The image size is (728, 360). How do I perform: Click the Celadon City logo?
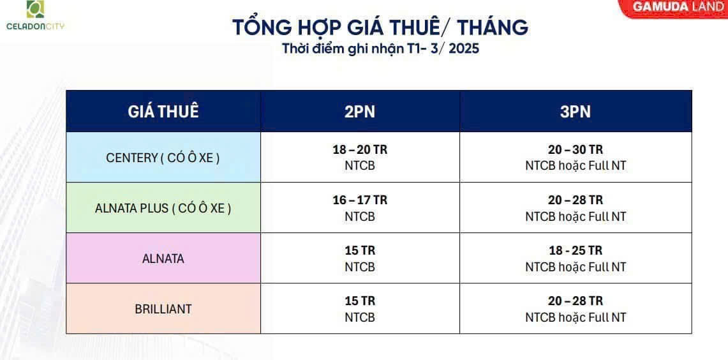[x=35, y=16]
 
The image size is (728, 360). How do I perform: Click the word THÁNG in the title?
[x=493, y=27]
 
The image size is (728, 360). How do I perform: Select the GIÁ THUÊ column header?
[x=163, y=112]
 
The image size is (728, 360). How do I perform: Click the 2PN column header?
[x=360, y=112]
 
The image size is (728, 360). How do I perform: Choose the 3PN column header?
[x=576, y=112]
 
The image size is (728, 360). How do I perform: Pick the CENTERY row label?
[x=163, y=158]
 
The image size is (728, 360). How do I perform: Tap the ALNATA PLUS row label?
[x=163, y=208]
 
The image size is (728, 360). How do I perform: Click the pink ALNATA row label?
[x=163, y=259]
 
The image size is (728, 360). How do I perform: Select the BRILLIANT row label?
[x=163, y=309]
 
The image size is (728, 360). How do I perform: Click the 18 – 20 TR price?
[x=360, y=150]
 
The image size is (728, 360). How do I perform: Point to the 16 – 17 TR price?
[x=360, y=200]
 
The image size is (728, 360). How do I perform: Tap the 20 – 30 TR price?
[x=576, y=150]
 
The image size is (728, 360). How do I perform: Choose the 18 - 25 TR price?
[x=576, y=251]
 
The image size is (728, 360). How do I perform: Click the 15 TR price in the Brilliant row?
[x=360, y=301]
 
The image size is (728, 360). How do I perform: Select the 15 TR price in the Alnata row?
[x=360, y=251]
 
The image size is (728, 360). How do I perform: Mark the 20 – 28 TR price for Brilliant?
[x=576, y=301]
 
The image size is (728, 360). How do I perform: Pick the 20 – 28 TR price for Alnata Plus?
[x=576, y=200]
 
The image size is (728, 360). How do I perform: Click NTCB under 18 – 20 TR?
[x=360, y=166]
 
